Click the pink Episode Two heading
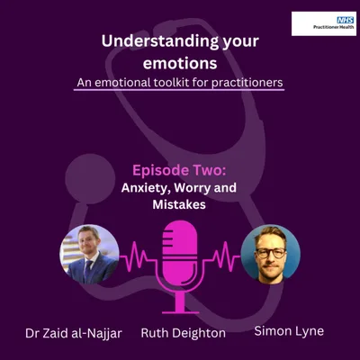coord(179,168)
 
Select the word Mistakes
coord(180,205)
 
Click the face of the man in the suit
coord(87,244)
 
